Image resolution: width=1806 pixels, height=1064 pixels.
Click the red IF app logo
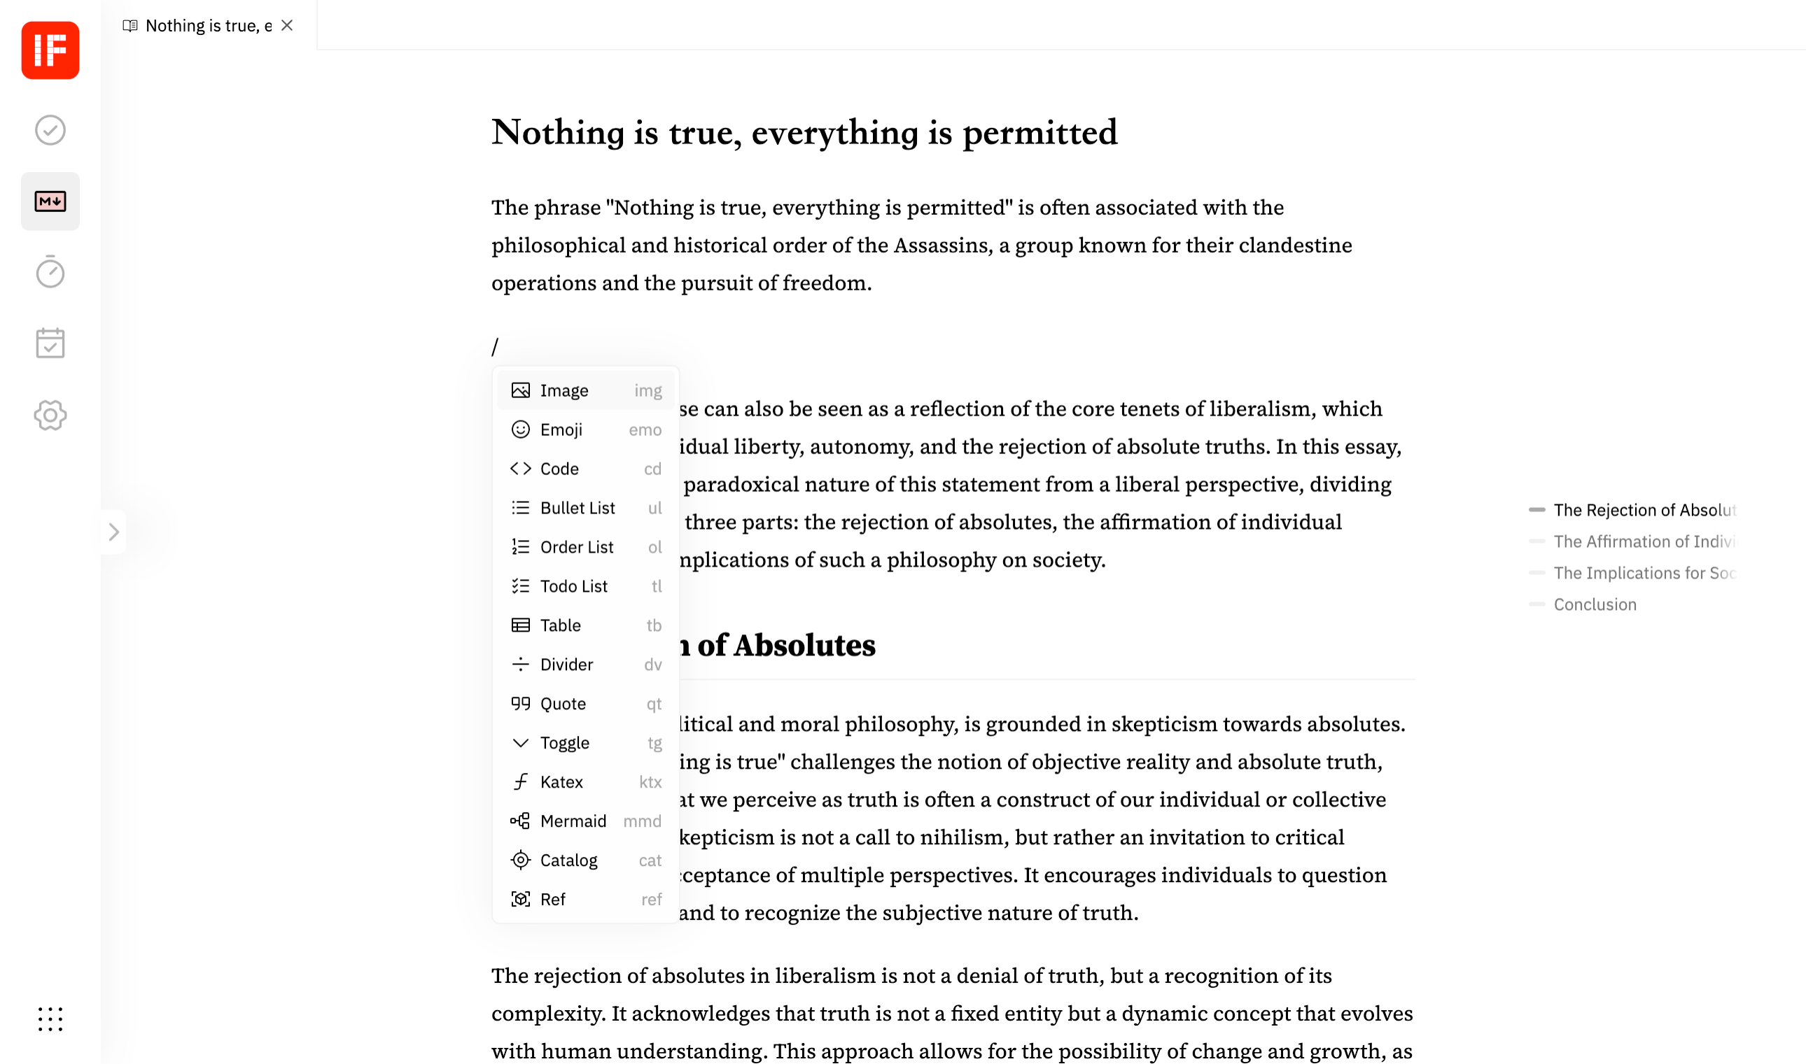(x=50, y=50)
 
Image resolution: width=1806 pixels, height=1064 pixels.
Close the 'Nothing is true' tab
(x=287, y=26)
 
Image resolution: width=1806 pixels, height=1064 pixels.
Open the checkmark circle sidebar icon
(x=50, y=130)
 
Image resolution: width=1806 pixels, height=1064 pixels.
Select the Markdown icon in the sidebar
(x=50, y=201)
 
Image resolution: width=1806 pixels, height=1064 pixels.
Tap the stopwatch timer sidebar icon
(x=50, y=271)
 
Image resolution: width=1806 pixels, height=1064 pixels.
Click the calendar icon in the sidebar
(x=50, y=343)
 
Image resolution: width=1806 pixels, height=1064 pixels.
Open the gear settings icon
(x=50, y=415)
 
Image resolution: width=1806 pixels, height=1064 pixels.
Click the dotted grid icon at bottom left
(x=50, y=1019)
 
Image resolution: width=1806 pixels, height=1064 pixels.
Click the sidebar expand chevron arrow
(x=113, y=532)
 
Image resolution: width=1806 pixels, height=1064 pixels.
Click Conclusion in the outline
(x=1595, y=604)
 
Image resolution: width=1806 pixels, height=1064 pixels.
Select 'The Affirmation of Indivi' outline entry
(x=1642, y=541)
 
